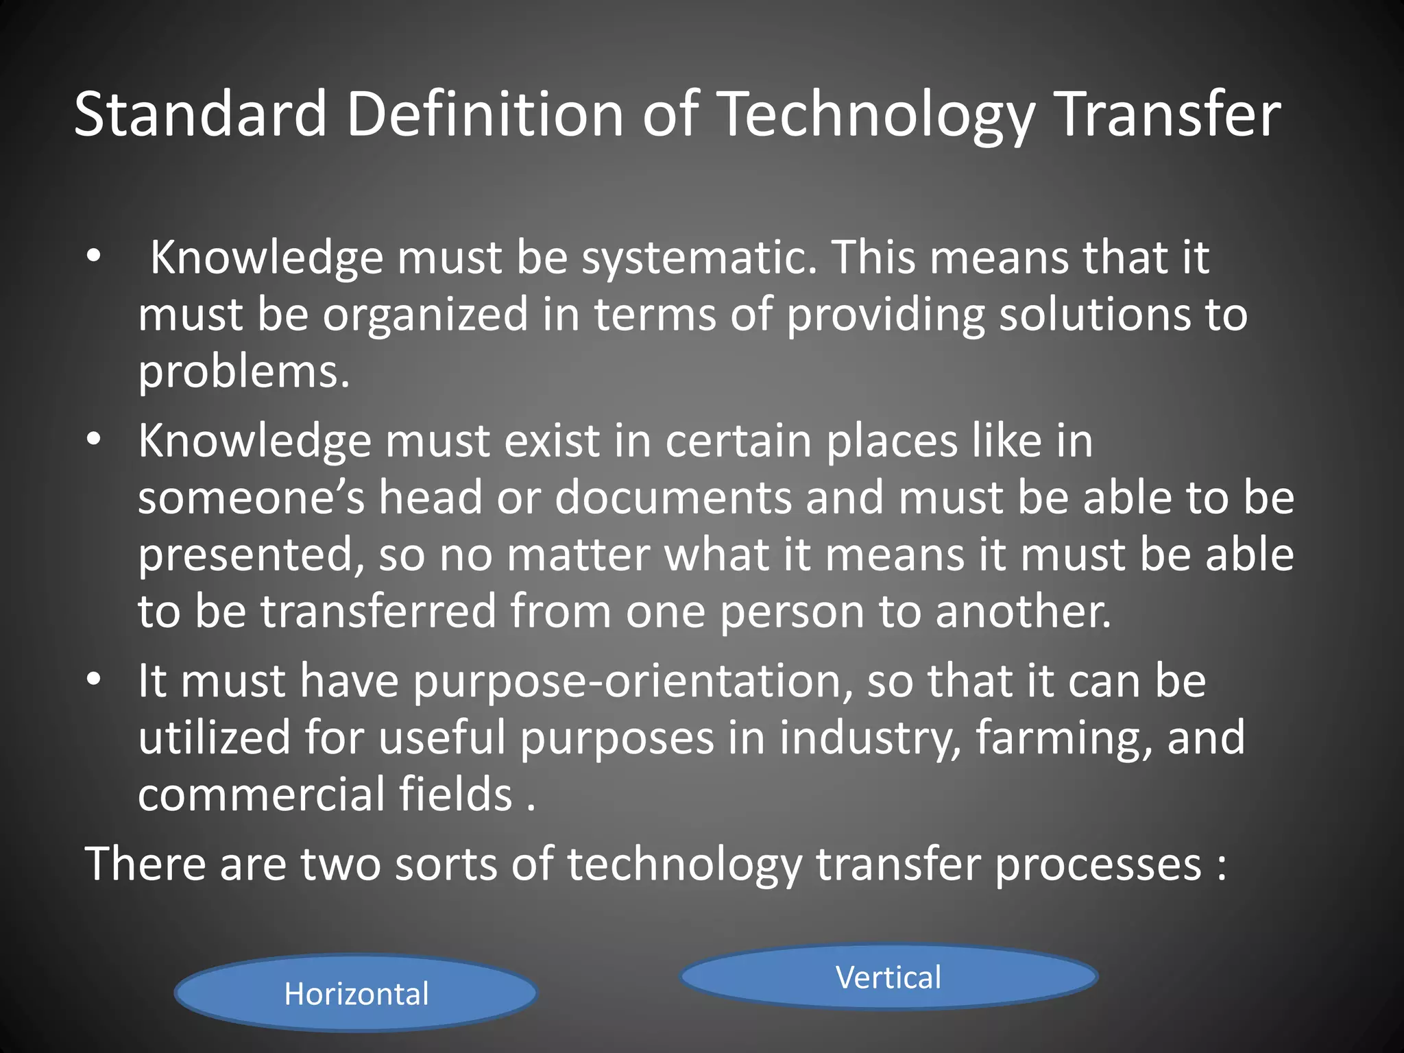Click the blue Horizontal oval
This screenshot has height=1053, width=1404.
pos(356,993)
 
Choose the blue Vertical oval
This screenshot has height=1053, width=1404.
pos(888,977)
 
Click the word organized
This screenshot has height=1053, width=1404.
pos(425,315)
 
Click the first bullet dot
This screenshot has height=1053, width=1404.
pos(94,258)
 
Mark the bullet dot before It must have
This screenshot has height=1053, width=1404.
pos(94,680)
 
